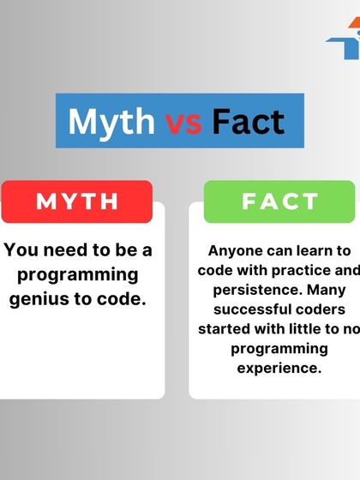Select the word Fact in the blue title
[248, 123]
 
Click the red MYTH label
[77, 201]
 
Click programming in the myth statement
[77, 275]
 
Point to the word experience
[278, 368]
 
